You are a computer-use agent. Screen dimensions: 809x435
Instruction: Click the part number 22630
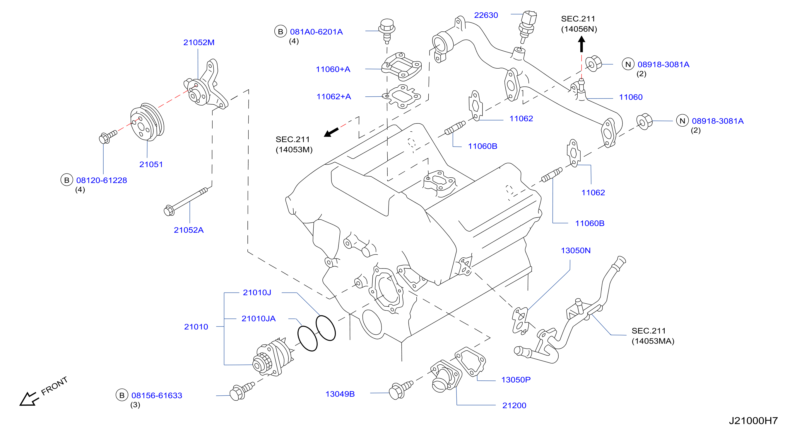coord(486,15)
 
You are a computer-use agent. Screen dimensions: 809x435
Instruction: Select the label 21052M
coord(199,43)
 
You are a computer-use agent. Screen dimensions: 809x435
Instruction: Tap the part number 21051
coord(151,164)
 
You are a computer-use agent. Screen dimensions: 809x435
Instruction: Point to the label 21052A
coord(189,230)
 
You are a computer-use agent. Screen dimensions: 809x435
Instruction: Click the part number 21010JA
coord(259,319)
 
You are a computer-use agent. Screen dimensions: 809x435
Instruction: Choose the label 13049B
coord(340,394)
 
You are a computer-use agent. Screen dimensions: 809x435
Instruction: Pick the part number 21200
coord(514,406)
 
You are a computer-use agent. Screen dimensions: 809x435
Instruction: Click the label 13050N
coord(576,251)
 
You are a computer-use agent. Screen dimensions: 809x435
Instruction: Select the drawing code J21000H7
coord(753,421)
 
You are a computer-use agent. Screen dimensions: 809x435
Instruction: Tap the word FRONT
coord(55,386)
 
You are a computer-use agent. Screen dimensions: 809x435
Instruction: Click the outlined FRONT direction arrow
coord(29,399)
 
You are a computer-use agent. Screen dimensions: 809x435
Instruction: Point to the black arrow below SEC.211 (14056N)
coord(581,44)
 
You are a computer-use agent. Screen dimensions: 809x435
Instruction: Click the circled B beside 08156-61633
coord(122,395)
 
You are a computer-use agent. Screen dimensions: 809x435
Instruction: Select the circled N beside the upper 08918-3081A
coord(628,64)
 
